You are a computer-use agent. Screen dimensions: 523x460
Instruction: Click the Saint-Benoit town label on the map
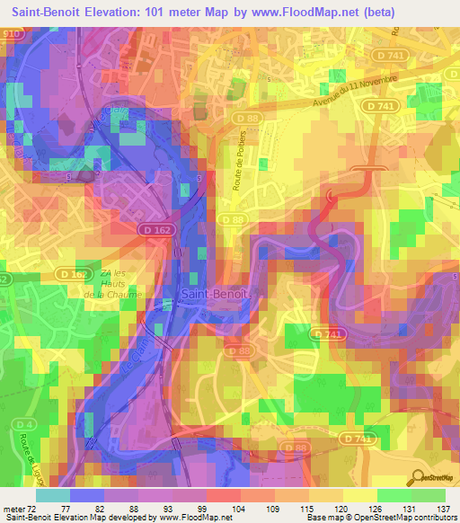(209, 294)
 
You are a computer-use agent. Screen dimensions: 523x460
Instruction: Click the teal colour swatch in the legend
(53, 495)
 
